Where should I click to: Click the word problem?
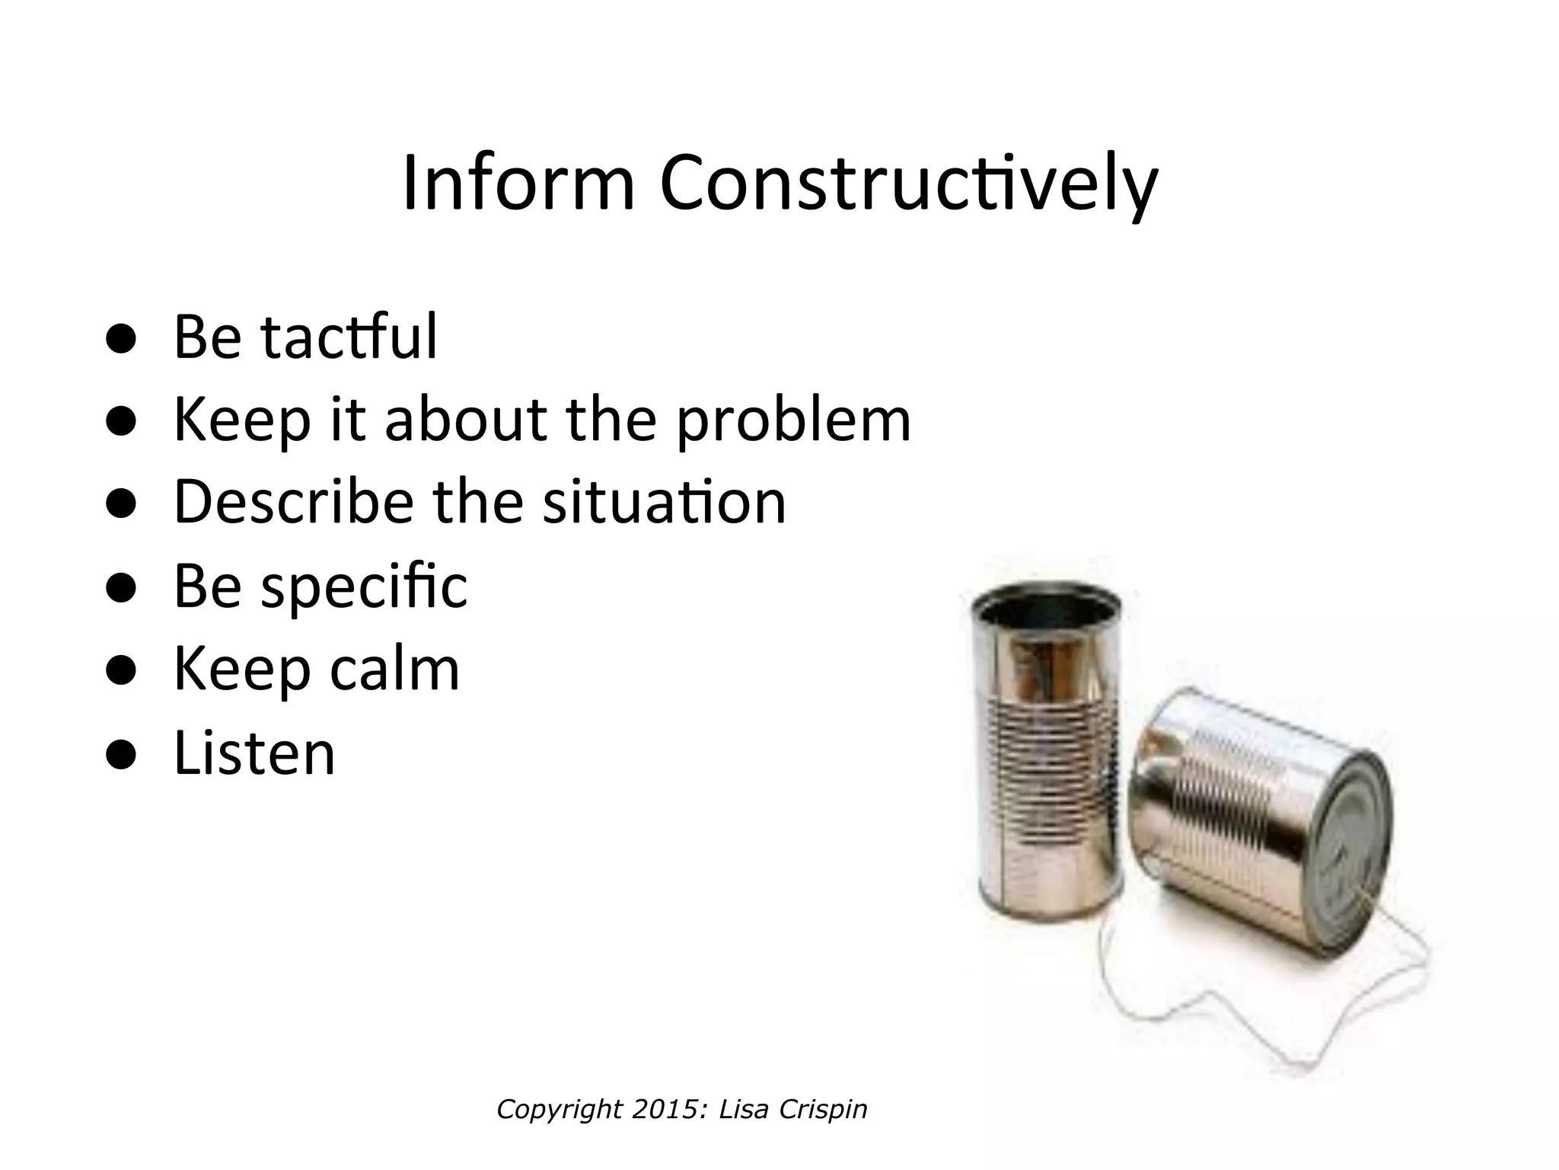[793, 420]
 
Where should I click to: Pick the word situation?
[664, 502]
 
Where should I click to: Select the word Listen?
[254, 753]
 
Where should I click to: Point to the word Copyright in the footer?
[560, 1109]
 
